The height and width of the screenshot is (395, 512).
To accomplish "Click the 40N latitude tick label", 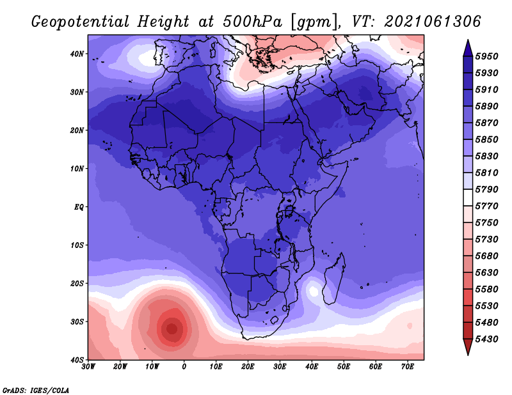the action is pyautogui.click(x=77, y=54).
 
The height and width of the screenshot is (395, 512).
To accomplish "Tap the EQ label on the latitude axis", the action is pyautogui.click(x=79, y=207).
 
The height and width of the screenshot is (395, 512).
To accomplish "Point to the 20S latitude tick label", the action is pyautogui.click(x=77, y=283).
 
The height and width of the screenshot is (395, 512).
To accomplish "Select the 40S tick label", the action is pyautogui.click(x=77, y=360).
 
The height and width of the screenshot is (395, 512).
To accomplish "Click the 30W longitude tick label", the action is pyautogui.click(x=88, y=367).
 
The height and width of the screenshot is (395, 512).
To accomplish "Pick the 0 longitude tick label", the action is pyautogui.click(x=184, y=367).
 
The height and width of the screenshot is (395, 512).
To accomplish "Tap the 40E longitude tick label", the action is pyautogui.click(x=312, y=367).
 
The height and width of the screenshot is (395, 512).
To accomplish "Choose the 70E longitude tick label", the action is pyautogui.click(x=408, y=367).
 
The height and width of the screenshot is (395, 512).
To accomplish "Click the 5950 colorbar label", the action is pyautogui.click(x=487, y=56).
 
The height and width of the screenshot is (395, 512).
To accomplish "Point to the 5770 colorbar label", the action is pyautogui.click(x=487, y=206).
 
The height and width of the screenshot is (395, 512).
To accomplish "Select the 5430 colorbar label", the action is pyautogui.click(x=487, y=339).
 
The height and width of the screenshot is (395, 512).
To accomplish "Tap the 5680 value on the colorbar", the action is pyautogui.click(x=487, y=256).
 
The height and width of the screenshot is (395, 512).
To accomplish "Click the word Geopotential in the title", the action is pyautogui.click(x=81, y=22).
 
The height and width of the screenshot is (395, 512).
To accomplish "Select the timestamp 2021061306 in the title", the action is pyautogui.click(x=433, y=22).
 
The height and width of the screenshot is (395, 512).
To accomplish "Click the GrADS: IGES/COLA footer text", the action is pyautogui.click(x=36, y=390).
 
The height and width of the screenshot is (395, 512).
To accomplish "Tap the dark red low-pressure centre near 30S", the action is pyautogui.click(x=172, y=328).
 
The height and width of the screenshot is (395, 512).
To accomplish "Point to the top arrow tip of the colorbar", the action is pyautogui.click(x=468, y=40).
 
